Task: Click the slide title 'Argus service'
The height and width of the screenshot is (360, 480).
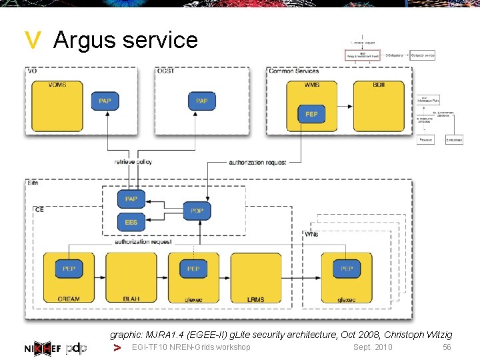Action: [125, 40]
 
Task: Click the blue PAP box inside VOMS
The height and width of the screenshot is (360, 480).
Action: [105, 101]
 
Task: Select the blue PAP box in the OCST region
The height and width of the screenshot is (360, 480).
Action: [202, 101]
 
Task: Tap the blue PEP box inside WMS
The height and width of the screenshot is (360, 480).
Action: [311, 114]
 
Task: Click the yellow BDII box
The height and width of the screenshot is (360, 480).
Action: [379, 107]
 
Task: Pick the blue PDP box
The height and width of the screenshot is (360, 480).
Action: [197, 211]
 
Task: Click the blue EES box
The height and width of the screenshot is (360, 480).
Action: [131, 222]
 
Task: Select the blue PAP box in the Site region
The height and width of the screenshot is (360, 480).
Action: [131, 199]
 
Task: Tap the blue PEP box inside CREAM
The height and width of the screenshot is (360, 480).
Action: [69, 269]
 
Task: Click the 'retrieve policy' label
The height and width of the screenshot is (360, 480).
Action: [133, 162]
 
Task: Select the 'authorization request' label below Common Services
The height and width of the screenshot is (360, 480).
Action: [257, 162]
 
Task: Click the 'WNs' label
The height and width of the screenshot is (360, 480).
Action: [311, 235]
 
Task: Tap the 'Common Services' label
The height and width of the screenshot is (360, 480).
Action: [294, 71]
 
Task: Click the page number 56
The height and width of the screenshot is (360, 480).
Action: [447, 347]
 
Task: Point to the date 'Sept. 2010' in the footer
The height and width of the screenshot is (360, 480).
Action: [373, 347]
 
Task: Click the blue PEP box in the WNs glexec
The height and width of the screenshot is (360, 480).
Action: [347, 269]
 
